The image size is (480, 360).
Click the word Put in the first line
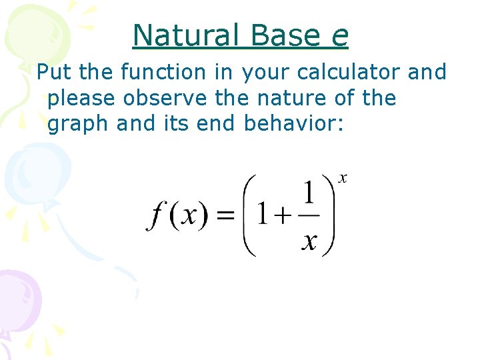click(x=52, y=72)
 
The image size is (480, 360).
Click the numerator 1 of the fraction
click(x=309, y=194)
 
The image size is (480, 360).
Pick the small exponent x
click(x=343, y=178)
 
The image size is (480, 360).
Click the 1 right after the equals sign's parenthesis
click(x=263, y=215)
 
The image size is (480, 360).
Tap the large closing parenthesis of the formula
click(x=328, y=215)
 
